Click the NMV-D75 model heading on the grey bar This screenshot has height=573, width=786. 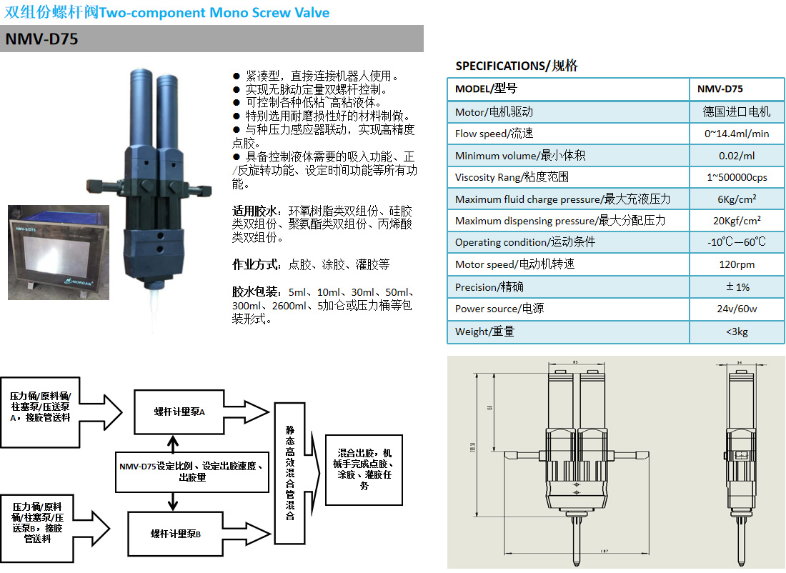point(41,39)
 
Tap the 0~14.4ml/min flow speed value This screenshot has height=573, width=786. point(737,134)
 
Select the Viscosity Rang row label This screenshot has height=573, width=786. point(512,177)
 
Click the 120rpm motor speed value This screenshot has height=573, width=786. point(737,264)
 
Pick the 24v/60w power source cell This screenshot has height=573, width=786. point(737,309)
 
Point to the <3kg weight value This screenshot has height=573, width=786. point(737,332)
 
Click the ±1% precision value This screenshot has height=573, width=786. point(737,286)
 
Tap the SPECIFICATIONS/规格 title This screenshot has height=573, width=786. point(517,66)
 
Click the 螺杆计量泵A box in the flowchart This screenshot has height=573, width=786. point(179,412)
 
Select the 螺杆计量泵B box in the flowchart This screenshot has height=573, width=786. point(175,534)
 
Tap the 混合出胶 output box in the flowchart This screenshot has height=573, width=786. point(364,469)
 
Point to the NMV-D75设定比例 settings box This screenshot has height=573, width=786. point(192,472)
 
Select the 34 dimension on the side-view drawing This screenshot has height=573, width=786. point(739,362)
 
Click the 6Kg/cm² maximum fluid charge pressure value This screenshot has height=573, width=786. point(737,199)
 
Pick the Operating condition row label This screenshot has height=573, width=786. point(524,242)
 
